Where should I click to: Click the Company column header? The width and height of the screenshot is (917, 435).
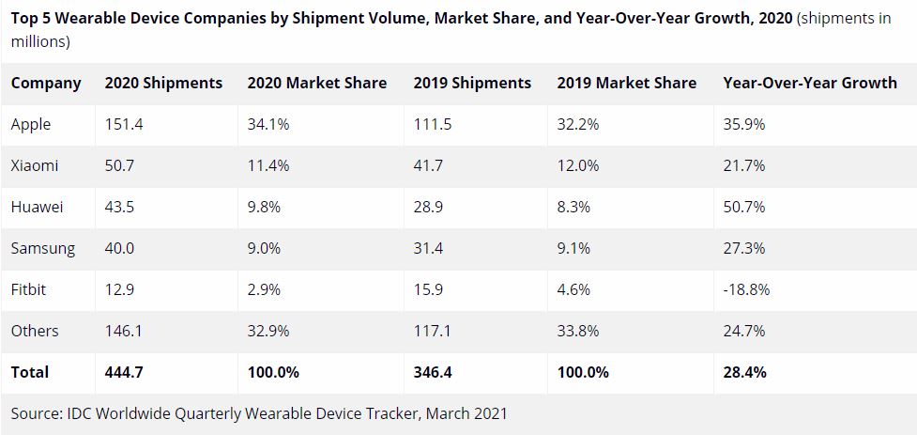[x=46, y=83]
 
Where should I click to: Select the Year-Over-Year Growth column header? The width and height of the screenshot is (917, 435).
[x=810, y=83]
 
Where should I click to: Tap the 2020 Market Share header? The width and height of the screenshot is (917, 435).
[x=317, y=83]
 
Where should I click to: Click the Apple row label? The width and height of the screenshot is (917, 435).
[x=31, y=124]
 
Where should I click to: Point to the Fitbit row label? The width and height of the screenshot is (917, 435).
[x=28, y=289]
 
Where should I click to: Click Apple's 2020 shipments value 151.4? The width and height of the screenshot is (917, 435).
[x=124, y=124]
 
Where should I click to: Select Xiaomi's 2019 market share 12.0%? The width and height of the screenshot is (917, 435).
[x=577, y=165]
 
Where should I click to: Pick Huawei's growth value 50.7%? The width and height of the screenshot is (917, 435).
[x=744, y=207]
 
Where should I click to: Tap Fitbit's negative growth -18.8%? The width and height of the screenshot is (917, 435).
[x=746, y=289]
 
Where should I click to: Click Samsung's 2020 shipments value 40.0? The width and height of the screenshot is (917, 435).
[x=120, y=248]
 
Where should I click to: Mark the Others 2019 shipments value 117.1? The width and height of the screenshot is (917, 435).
[x=433, y=331]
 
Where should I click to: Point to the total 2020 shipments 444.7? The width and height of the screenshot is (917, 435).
[x=125, y=372]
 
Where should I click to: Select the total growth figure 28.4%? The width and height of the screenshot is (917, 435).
[x=745, y=372]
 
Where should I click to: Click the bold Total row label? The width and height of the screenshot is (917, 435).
[x=30, y=372]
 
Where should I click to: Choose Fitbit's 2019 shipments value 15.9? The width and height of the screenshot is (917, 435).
[x=429, y=289]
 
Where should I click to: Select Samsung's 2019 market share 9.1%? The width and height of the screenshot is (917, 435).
[x=573, y=248]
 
